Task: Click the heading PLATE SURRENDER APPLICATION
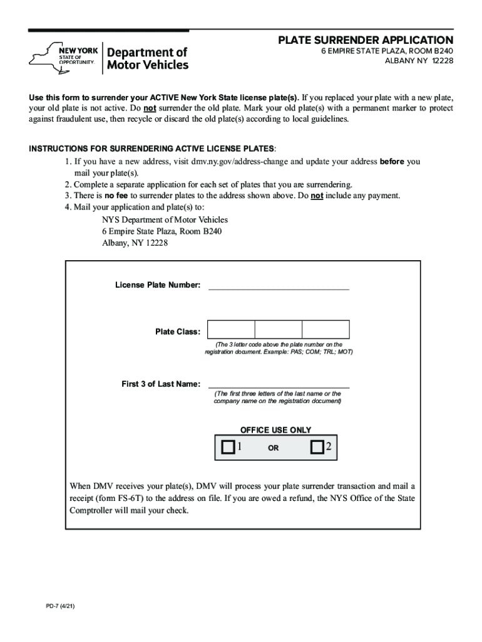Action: [x=366, y=40]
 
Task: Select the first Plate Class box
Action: [x=231, y=330]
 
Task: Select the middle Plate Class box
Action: [x=279, y=330]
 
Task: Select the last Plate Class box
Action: [x=326, y=330]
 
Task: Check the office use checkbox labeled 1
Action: [x=228, y=447]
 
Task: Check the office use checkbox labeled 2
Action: [x=317, y=447]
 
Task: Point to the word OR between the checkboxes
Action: [x=274, y=448]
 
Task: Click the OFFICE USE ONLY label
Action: [x=275, y=430]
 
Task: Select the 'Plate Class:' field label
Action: [x=178, y=332]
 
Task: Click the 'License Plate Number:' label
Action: [x=158, y=285]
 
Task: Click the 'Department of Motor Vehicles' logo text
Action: [x=148, y=58]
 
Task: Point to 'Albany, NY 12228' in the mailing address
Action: [x=135, y=243]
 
